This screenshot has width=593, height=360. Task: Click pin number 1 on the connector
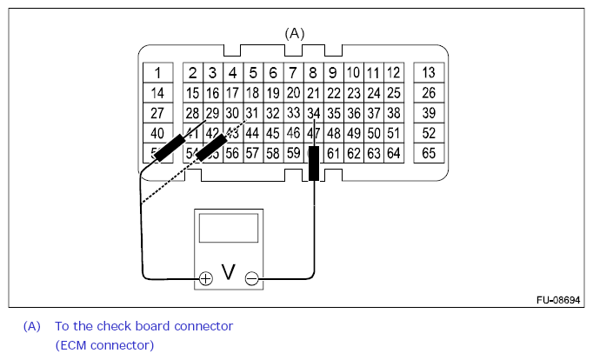pos(157,72)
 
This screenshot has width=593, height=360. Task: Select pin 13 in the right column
pos(428,72)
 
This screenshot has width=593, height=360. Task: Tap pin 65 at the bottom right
pos(428,154)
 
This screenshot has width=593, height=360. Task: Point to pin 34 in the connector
pos(314,113)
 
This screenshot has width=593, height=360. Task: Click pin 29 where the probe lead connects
pos(212,113)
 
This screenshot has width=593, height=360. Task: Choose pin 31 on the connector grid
pos(252,113)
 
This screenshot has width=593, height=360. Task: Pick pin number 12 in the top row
pos(394,72)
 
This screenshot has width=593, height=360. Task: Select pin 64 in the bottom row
pos(394,154)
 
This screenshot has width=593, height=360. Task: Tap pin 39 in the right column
pos(428,113)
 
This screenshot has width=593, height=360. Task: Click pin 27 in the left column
pos(157,113)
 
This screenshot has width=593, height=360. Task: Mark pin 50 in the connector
pos(374,133)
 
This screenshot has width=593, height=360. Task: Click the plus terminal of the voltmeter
pos(205,278)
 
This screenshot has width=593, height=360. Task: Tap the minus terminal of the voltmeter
pos(251,278)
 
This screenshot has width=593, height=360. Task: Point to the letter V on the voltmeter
pos(229,273)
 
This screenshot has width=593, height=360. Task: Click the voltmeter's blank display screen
pos(228,228)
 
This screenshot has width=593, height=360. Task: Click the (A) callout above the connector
pos(296,33)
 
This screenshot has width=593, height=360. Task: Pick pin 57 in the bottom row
pos(252,154)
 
